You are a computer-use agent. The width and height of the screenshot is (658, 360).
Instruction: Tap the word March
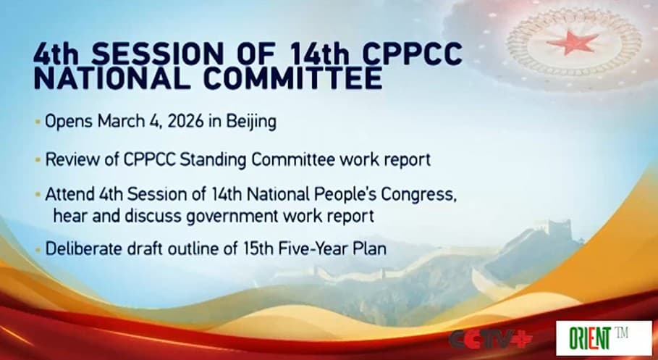(x=118, y=122)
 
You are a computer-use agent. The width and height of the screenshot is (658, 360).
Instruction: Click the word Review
(x=69, y=159)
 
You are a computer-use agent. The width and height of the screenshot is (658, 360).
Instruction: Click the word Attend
(x=68, y=196)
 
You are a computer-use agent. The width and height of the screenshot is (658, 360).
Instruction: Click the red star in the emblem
(x=573, y=43)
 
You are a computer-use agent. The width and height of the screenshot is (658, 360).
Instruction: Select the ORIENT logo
(x=602, y=338)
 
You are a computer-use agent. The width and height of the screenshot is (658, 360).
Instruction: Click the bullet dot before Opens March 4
(x=38, y=122)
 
